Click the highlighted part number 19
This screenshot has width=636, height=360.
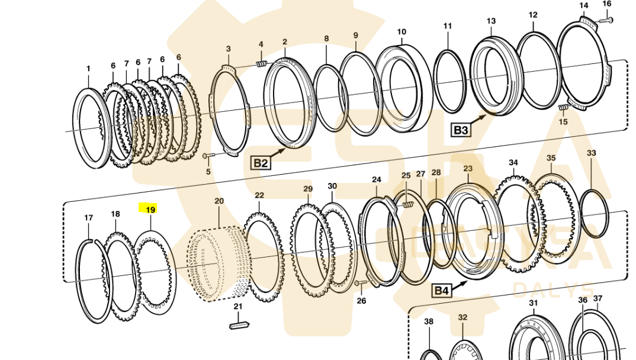click(150, 210)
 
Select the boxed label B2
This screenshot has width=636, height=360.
click(261, 163)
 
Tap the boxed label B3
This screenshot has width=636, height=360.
click(461, 130)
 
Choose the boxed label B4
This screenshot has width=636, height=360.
click(442, 290)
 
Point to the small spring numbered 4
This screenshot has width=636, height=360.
click(261, 63)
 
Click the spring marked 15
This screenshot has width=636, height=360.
click(563, 107)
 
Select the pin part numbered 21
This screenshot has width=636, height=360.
click(237, 325)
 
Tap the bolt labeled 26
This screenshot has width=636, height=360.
click(358, 285)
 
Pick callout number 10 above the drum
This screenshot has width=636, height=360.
click(401, 32)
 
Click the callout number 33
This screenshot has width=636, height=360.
click(592, 153)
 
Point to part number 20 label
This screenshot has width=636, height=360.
click(219, 201)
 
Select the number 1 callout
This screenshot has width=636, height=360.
click(88, 69)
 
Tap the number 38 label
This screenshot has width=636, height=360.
click(429, 322)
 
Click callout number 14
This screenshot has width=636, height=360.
click(584, 6)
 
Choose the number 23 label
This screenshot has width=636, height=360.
click(468, 169)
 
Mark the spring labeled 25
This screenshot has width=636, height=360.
click(406, 205)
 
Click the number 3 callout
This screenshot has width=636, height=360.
click(229, 49)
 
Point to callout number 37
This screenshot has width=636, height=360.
click(598, 298)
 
